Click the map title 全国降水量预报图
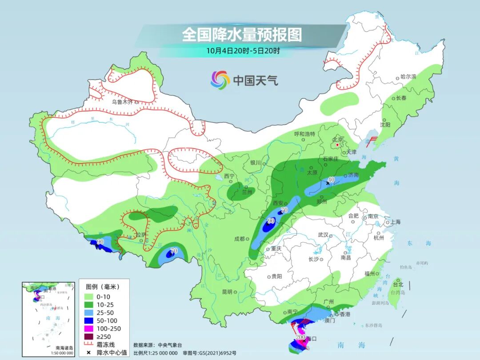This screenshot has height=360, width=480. (x=242, y=35)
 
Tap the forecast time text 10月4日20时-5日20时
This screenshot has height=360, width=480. (x=243, y=51)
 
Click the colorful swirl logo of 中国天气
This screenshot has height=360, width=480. (x=220, y=80)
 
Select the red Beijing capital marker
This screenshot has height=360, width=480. (x=338, y=145)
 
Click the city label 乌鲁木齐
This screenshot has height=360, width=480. (x=122, y=102)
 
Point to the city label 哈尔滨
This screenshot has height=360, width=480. (x=408, y=77)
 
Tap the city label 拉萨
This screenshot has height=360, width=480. (x=141, y=234)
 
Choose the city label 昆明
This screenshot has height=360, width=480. (x=227, y=292)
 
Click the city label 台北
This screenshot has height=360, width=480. (x=398, y=284)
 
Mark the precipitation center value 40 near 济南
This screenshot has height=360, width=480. (x=331, y=180)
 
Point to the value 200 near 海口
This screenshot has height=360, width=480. (x=300, y=338)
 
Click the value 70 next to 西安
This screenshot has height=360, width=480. (x=284, y=210)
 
